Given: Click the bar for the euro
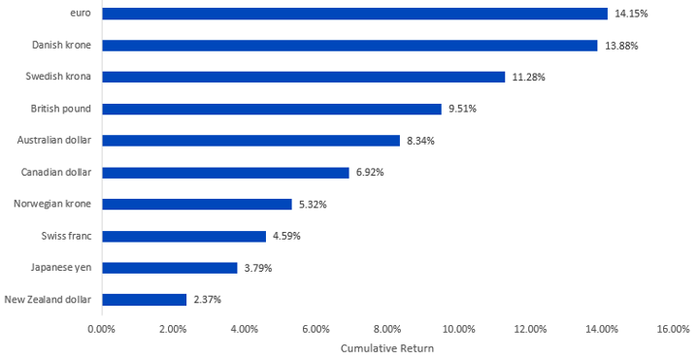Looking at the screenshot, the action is tap(354, 14).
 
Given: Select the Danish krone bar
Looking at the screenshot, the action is tap(349, 46).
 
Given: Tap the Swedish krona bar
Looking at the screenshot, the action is tap(304, 77).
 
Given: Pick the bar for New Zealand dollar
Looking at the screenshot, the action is tap(145, 300).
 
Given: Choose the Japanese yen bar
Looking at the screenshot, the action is tap(170, 268).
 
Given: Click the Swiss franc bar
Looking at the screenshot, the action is tap(183, 237).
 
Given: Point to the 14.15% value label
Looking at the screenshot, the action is tap(631, 14).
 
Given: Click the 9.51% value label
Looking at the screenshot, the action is tap(462, 109).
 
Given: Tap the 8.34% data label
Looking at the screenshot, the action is tap(420, 141).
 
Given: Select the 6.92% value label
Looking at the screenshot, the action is tap(370, 172).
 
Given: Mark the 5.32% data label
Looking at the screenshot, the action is tap(313, 205).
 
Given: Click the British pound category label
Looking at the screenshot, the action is tap(61, 109).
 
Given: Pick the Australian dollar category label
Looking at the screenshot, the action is tap(54, 140).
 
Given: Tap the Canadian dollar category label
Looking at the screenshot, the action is tap(56, 172).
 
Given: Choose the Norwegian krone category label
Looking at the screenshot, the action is tap(52, 204).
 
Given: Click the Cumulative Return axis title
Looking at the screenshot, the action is tap(387, 348).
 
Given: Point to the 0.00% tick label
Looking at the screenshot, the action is tap(102, 330).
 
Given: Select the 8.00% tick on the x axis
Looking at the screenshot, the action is tap(387, 330).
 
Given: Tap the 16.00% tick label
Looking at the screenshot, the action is tap(673, 330).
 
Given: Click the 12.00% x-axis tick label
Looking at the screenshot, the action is tap(530, 330).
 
